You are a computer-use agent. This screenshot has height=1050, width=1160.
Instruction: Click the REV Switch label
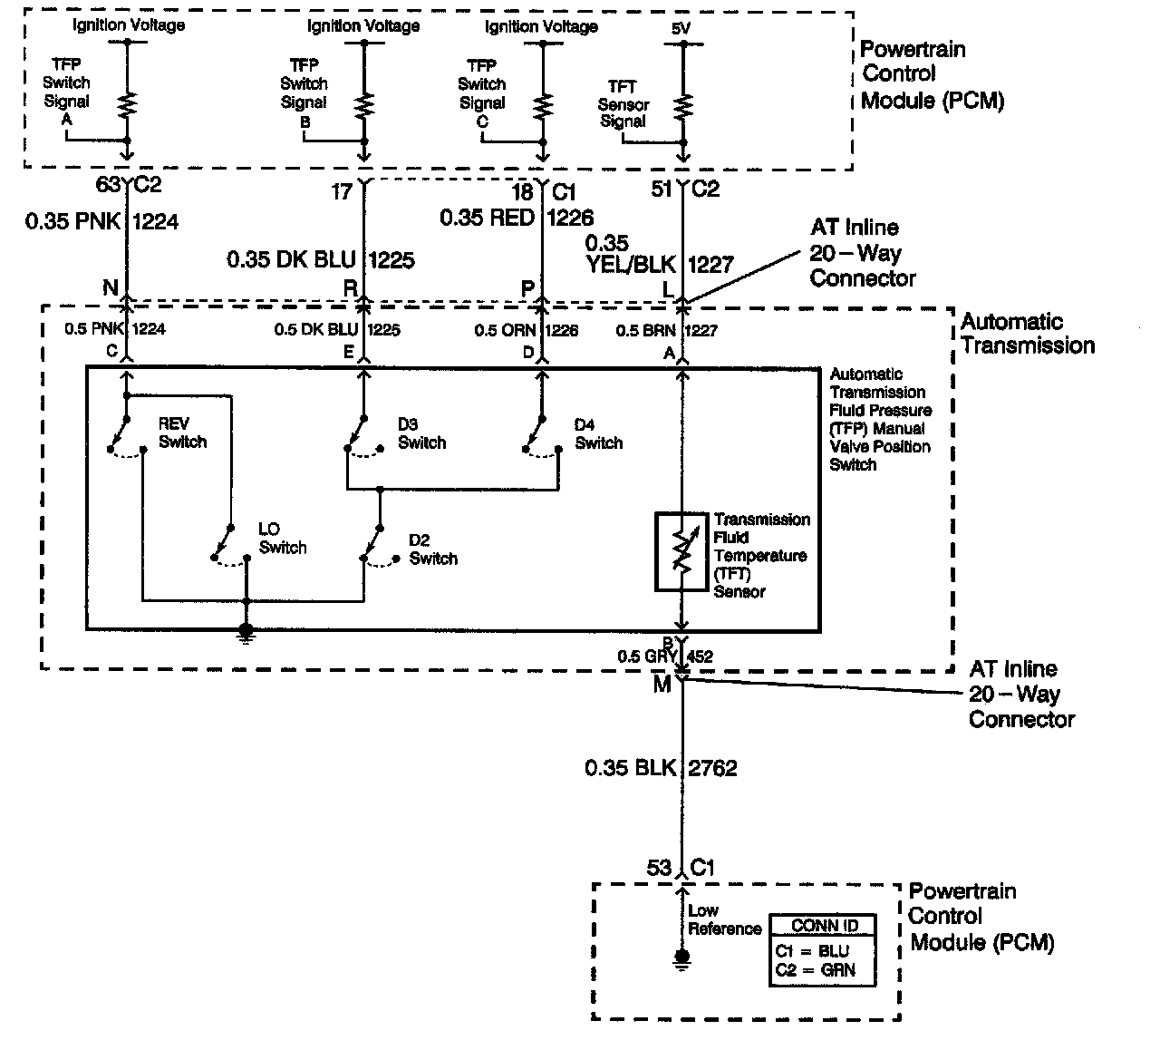[182, 433]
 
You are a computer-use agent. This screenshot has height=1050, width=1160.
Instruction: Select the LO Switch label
[282, 538]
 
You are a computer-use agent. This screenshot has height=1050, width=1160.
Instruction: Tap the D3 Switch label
[421, 433]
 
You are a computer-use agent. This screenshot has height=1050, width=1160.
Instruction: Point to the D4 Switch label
[598, 433]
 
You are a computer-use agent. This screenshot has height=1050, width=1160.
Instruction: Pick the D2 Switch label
[432, 549]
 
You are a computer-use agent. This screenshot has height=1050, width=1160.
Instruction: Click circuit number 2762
[713, 768]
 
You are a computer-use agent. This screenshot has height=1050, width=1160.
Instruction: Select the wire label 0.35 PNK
[73, 220]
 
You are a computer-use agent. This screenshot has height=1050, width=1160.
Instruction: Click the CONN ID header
[824, 926]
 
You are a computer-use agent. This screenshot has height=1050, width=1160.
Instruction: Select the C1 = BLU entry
[812, 951]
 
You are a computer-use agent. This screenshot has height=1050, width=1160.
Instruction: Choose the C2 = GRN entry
[814, 970]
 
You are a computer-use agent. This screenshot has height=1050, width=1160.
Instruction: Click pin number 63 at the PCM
[108, 185]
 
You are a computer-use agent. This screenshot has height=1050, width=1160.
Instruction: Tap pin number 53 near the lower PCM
[659, 868]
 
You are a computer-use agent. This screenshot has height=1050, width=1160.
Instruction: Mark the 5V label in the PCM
[681, 29]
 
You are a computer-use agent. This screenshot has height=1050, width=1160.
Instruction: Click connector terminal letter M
[662, 685]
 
